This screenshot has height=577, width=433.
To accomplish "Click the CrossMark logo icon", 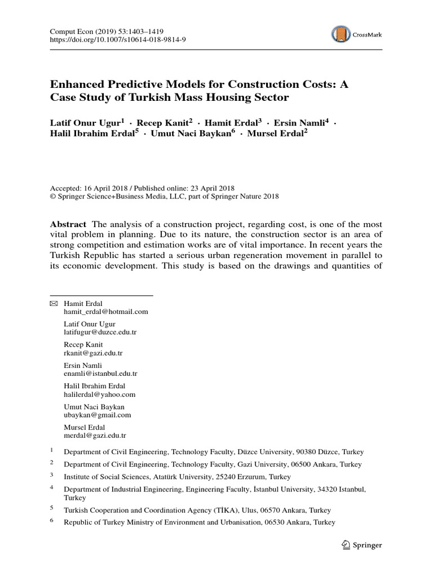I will coord(340,34).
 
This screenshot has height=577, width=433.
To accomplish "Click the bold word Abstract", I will coord(68,224).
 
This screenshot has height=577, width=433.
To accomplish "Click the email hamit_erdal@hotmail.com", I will coord(106,311).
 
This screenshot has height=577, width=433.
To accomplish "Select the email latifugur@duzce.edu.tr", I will coord(100,332).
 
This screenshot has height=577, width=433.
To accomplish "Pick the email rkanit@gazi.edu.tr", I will coord(93,353).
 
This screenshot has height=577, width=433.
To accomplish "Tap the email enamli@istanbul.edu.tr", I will coord(101,373).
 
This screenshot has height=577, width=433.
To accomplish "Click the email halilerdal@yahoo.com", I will coord(100,394).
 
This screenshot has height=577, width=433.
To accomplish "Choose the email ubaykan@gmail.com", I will coord(98,415).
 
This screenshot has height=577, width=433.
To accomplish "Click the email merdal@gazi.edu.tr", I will coord(95,436).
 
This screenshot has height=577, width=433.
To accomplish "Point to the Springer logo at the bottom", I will coord(361,545).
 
